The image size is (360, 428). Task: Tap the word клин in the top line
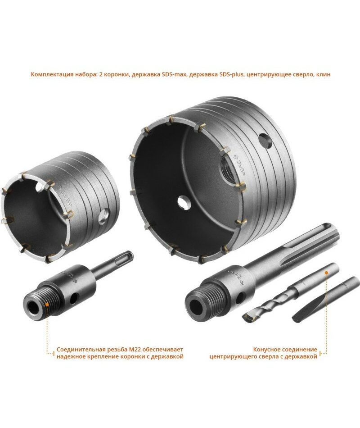pyautogui.click(x=323, y=74)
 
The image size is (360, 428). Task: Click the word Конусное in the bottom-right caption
pyautogui.click(x=266, y=350)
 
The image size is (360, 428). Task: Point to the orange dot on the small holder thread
pyautogui.click(x=47, y=304)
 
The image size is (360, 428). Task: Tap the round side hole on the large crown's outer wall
pyautogui.click(x=265, y=141)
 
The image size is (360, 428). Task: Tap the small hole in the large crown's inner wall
pyautogui.click(x=182, y=202)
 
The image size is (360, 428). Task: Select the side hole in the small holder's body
pyautogui.click(x=74, y=298)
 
